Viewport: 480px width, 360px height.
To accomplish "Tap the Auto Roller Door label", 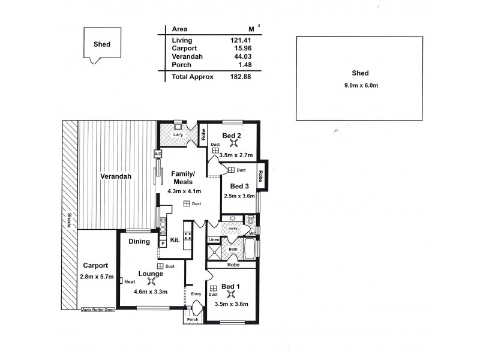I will (x=98, y=310).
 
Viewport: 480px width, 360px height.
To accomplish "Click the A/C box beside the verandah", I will (x=158, y=154).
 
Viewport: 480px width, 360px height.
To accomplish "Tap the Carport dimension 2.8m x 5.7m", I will (x=96, y=277).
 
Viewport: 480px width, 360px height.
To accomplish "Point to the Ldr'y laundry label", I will (x=178, y=134).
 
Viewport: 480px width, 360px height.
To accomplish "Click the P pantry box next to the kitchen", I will (x=162, y=244).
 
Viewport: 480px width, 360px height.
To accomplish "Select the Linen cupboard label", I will (x=214, y=240).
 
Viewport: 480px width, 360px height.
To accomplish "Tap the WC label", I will (x=253, y=233).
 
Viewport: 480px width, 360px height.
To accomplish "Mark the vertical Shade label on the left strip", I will (x=69, y=220).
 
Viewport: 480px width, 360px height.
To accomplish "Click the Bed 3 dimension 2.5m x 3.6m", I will (x=239, y=196).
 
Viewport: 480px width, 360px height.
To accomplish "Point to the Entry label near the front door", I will (x=196, y=294).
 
